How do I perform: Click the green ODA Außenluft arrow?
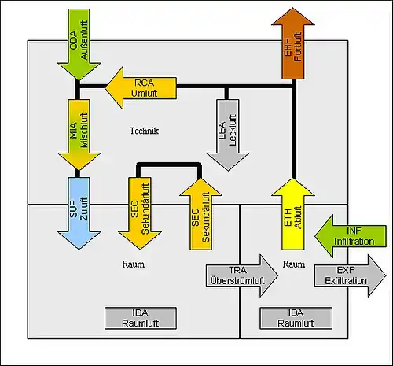[x=79, y=45]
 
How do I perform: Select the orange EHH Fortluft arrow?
[x=293, y=43]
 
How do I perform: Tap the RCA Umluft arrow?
[x=141, y=88]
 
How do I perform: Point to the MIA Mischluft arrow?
[x=79, y=135]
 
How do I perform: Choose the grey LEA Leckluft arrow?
[x=228, y=135]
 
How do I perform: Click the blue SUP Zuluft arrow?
[x=79, y=213]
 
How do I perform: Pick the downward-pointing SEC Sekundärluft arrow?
[x=140, y=213]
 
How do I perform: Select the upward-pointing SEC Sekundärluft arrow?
[x=201, y=214]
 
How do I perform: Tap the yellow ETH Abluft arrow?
[x=293, y=214]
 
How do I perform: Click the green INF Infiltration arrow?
[x=351, y=236]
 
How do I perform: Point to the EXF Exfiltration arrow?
[x=351, y=275]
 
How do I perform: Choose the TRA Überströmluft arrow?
[x=242, y=275]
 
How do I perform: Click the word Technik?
[x=144, y=131]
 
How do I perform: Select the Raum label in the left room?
[x=134, y=264]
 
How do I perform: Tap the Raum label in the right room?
[x=294, y=264]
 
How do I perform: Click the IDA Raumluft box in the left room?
[x=141, y=318]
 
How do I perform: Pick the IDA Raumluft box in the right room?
[x=296, y=318]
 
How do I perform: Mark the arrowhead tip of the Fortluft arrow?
[x=293, y=8]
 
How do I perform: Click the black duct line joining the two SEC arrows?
[x=169, y=165]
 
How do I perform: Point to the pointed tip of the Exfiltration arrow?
[x=386, y=275]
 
